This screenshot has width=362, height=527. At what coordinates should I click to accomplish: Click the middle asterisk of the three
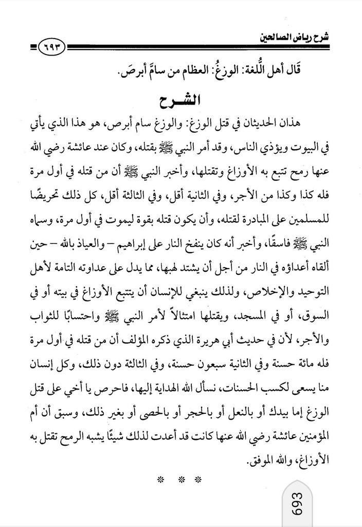(181, 480)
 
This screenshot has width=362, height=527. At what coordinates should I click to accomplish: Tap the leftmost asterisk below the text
(161, 480)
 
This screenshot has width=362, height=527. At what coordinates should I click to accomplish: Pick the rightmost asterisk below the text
(201, 480)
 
